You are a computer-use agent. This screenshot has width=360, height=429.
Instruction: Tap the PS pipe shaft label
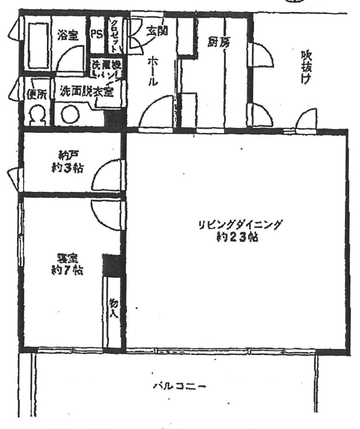point(97,35)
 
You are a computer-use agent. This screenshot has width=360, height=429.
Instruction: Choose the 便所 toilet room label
point(36,94)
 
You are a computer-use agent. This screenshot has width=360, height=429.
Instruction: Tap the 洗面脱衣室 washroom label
point(86,91)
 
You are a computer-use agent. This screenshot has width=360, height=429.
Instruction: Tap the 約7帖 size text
point(67,270)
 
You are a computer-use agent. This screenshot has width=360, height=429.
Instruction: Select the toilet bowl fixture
point(37,115)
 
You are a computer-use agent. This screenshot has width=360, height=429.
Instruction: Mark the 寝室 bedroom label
point(67,259)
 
